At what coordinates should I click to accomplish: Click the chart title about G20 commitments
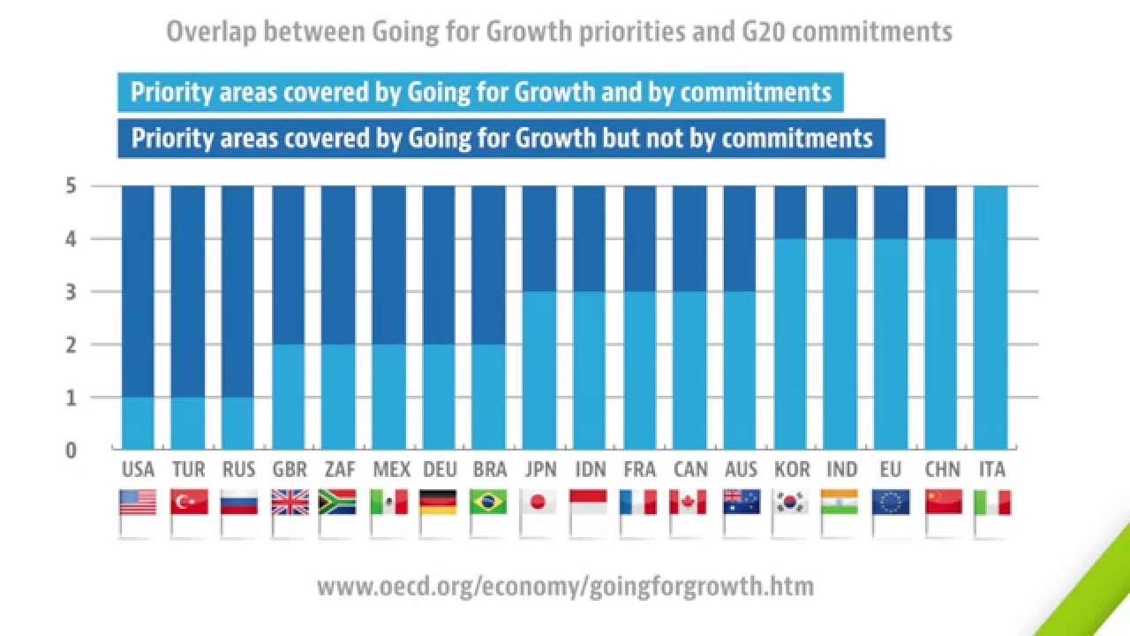click(559, 32)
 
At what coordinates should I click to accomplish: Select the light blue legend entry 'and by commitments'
click(480, 92)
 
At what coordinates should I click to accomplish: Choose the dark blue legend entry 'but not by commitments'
click(501, 138)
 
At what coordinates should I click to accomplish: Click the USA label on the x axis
click(138, 470)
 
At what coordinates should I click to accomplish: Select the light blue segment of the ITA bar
click(991, 318)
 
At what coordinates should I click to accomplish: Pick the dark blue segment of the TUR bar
click(187, 291)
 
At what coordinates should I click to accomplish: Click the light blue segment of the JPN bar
click(539, 371)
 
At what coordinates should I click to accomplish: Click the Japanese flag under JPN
click(538, 503)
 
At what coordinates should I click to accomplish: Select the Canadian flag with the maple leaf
click(688, 503)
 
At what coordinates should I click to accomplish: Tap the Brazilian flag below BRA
click(488, 503)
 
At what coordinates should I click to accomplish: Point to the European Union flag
click(890, 503)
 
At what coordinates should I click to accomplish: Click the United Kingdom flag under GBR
click(289, 503)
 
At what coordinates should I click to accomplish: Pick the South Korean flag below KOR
click(789, 503)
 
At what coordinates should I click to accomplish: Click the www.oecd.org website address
click(565, 586)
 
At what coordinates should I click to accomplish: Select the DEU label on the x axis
click(439, 470)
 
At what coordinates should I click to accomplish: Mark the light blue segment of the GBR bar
click(289, 397)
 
